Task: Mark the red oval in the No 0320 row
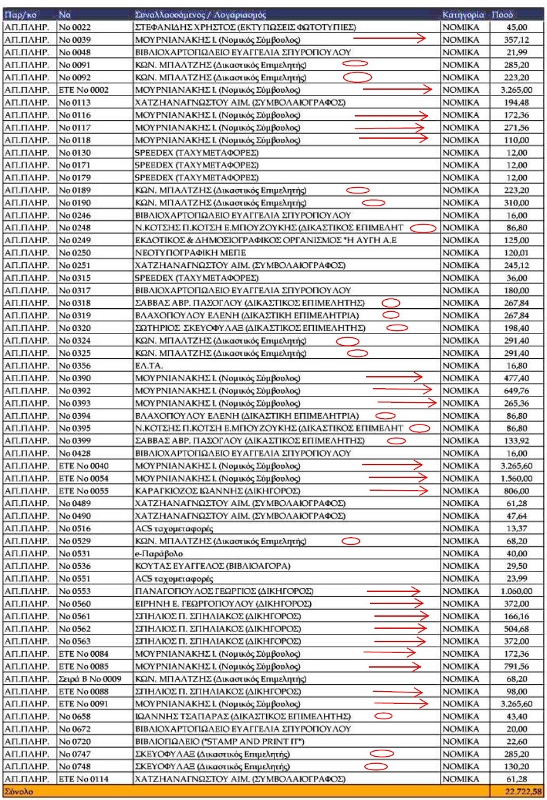pos(397,328)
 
